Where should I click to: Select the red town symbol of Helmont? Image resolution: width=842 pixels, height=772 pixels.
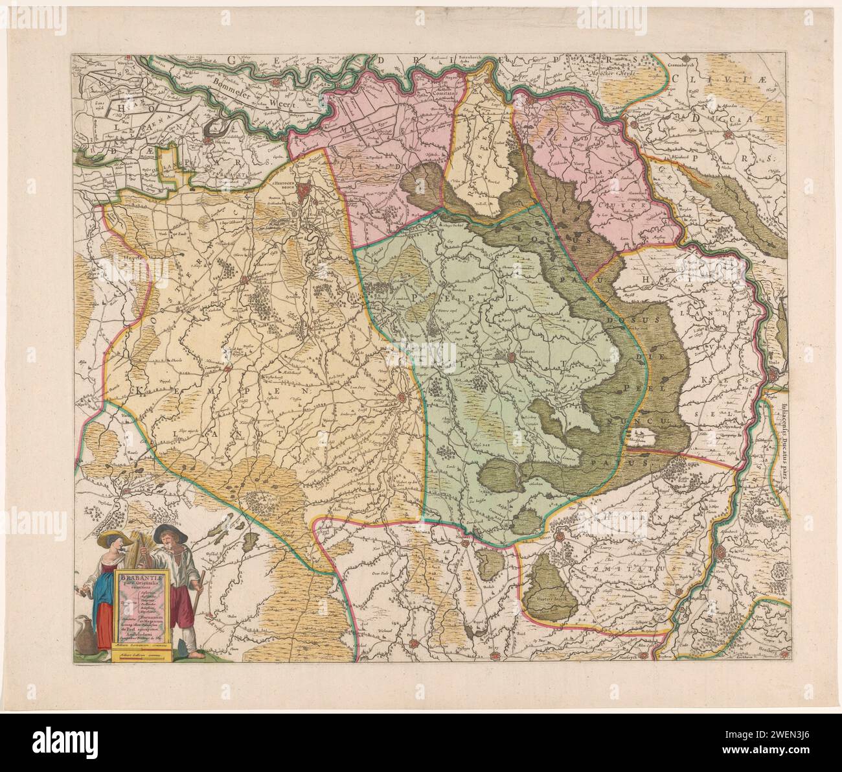click(501, 355)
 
